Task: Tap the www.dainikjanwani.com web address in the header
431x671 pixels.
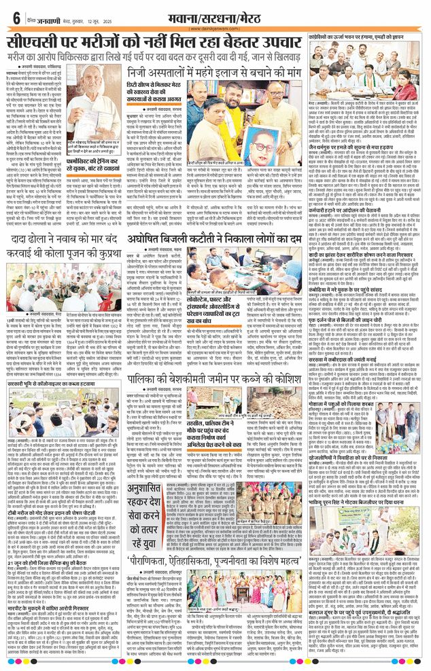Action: (215, 29)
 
